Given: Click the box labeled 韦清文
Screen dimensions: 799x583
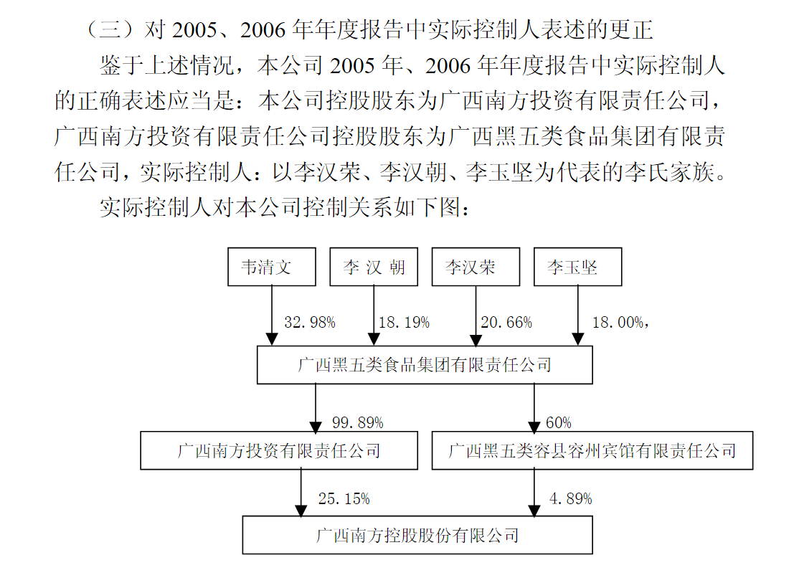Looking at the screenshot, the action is point(272,267).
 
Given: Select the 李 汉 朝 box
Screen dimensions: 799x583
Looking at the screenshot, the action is point(374,267).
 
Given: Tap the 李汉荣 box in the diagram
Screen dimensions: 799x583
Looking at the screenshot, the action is point(476,267).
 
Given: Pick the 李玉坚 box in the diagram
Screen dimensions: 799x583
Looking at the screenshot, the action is point(577,267).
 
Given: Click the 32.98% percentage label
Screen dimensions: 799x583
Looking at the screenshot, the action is point(310,322).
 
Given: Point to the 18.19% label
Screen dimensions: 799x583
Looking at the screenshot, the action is point(404,322).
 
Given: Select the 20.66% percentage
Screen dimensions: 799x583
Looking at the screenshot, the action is point(506,322).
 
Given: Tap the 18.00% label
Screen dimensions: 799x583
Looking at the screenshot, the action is point(618,322).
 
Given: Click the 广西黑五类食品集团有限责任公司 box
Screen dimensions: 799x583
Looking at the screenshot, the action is point(425,365).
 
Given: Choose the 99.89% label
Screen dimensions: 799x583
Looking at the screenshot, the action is point(358,422).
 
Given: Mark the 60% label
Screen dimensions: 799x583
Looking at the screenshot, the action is point(559,422).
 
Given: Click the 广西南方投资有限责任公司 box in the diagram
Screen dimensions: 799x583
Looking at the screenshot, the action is point(279,450).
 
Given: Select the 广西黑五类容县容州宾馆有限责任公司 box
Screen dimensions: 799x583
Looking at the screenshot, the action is point(592,450).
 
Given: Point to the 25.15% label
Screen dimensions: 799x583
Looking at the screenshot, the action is point(344,498).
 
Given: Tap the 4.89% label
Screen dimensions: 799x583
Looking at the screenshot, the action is point(571,498).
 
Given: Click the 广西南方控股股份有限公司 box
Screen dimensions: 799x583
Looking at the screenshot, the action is point(417,535).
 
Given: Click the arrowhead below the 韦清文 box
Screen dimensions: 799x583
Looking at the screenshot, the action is point(272,339).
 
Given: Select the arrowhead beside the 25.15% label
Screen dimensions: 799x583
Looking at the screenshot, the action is point(301,510).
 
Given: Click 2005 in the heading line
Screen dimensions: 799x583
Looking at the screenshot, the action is point(194,30).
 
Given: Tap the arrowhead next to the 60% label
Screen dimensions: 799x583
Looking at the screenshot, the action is point(534,426).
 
